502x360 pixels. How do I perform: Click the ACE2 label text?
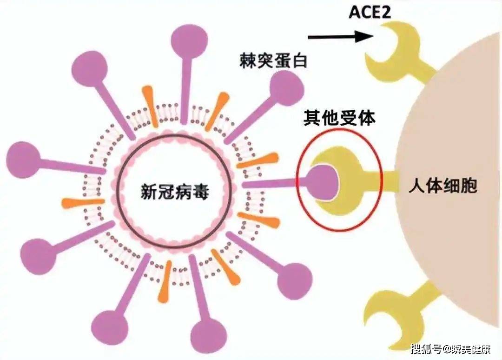[x=370, y=12]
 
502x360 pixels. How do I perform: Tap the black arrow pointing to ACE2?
[x=341, y=37]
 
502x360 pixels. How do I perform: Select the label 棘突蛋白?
[x=273, y=61]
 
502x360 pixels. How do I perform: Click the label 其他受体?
[x=339, y=118]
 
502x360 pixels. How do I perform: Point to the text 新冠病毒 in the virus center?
[x=175, y=192]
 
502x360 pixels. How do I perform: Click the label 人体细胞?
[x=443, y=185]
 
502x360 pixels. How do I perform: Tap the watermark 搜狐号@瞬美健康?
[x=451, y=349]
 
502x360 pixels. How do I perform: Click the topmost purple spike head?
[x=189, y=40]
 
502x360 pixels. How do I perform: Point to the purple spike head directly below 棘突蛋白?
[x=286, y=88]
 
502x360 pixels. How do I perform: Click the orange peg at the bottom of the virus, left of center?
[x=165, y=282]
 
